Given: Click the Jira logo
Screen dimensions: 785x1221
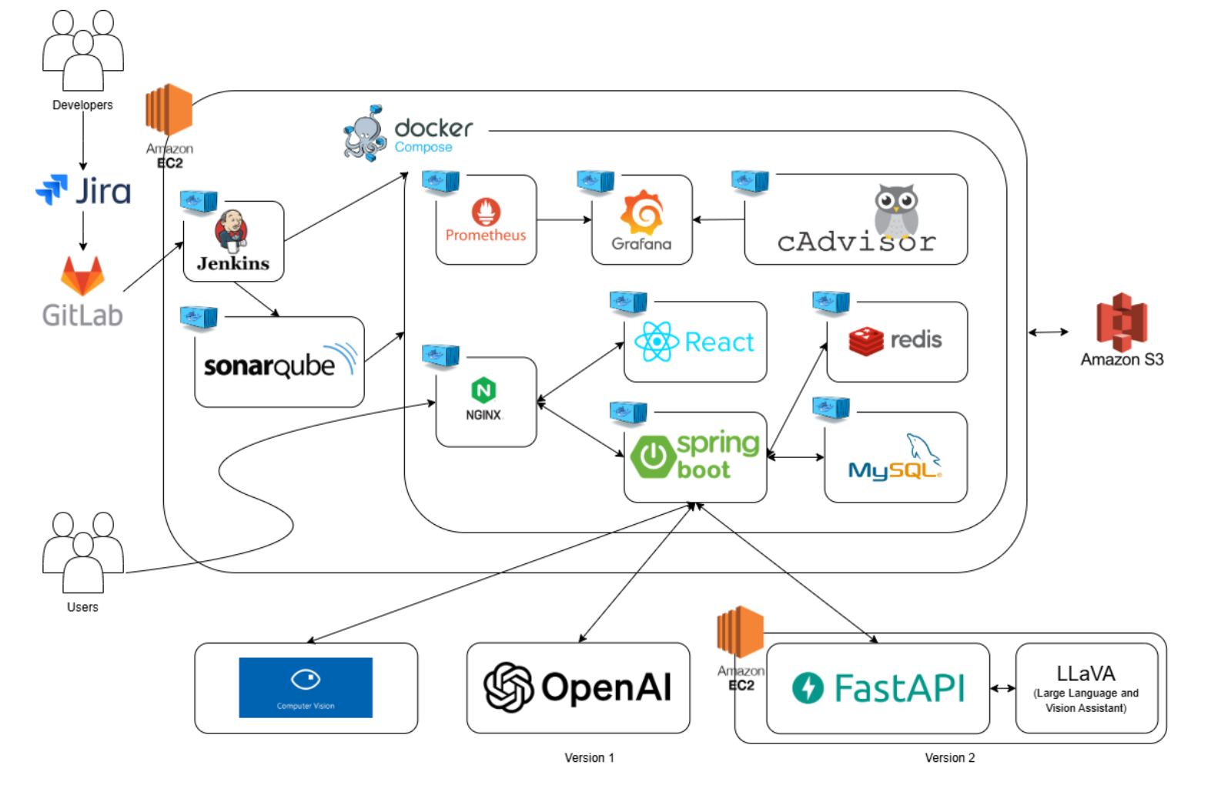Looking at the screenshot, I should point(83,190).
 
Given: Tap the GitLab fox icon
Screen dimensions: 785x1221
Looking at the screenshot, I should point(82,276).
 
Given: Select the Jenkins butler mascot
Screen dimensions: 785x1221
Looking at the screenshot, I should point(232,230).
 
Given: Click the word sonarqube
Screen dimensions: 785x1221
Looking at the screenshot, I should point(269,366).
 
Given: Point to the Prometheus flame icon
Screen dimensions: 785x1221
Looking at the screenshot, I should point(486,212).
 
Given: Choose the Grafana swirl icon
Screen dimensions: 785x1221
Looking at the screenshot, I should point(642,212).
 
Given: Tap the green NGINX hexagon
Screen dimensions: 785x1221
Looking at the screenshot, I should point(483,390).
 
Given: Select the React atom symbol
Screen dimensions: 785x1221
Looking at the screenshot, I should point(657,342).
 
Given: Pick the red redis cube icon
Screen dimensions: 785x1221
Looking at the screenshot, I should point(866,341).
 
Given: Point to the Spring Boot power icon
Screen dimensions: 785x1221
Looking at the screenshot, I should point(653,456).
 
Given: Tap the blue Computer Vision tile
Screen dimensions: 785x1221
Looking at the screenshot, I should point(306,687).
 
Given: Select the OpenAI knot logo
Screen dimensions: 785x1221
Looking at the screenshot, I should point(508,687).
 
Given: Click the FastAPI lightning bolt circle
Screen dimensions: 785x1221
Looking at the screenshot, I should point(808,687).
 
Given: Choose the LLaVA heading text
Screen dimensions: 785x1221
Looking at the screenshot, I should point(1086,674).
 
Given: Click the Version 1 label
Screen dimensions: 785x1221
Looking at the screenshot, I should point(589,758).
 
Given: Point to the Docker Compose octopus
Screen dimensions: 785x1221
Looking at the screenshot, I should point(365,133).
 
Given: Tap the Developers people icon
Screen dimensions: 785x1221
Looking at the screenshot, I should point(83,50).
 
